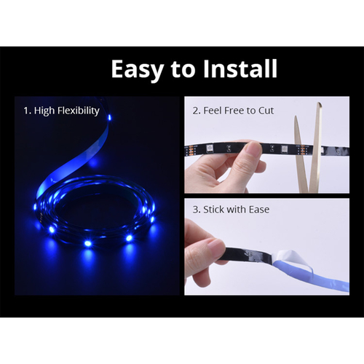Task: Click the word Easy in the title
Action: [x=136, y=70]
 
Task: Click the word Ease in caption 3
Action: [x=258, y=210]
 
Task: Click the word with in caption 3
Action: [x=238, y=210]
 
